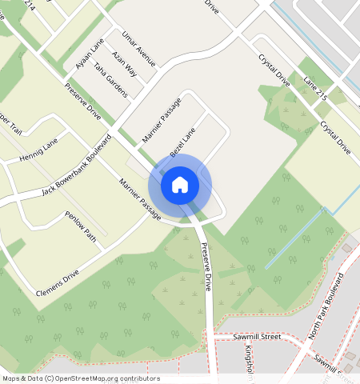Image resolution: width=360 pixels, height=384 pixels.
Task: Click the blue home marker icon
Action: point(180,185)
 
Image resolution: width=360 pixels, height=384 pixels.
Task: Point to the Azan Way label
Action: point(124,64)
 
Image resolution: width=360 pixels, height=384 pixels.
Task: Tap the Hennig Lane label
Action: point(40,147)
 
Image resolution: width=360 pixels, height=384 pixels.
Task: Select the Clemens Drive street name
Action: point(58,284)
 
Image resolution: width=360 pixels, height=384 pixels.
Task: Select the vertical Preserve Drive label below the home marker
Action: point(206,266)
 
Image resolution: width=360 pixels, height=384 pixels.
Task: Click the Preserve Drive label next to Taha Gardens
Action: point(83,102)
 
